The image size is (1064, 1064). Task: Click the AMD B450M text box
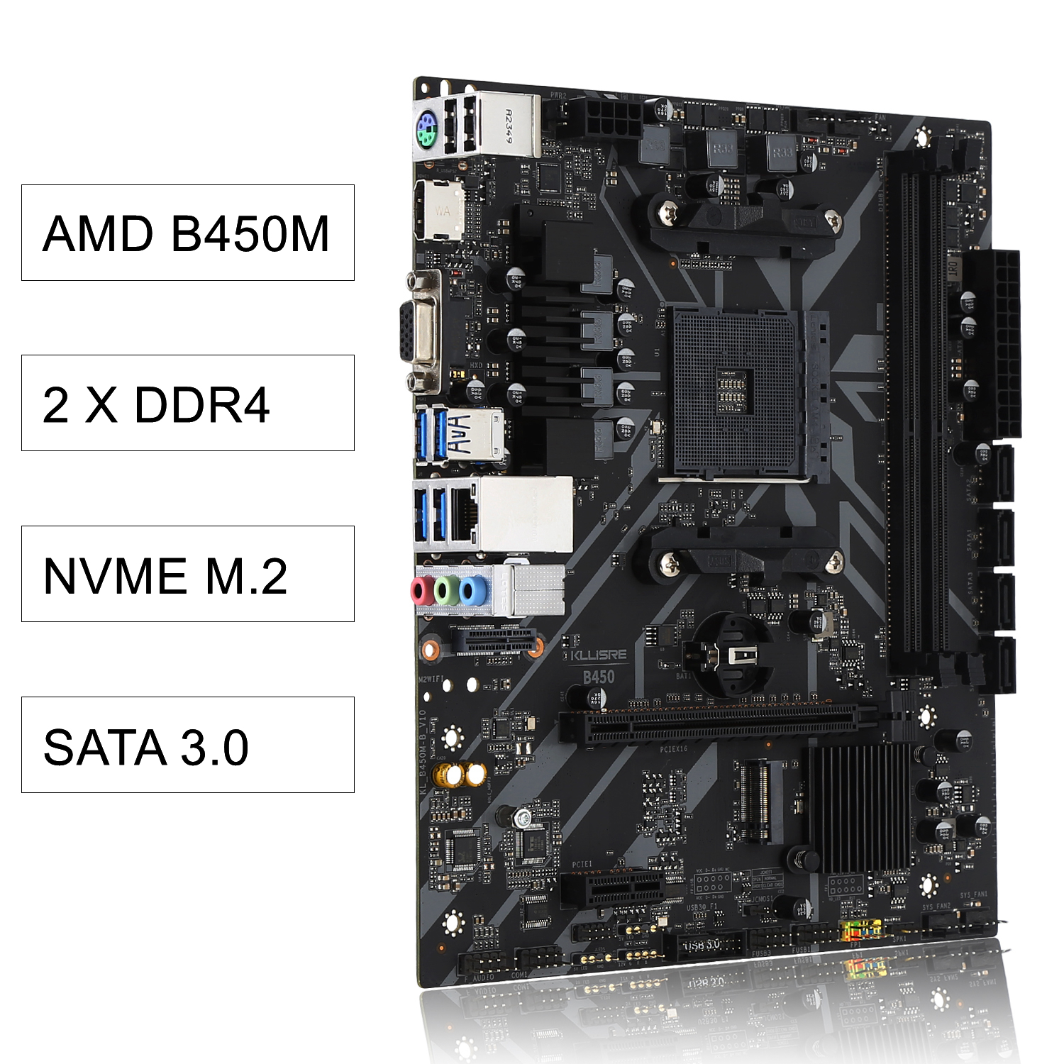pyautogui.click(x=187, y=233)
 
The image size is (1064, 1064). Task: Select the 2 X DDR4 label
pyautogui.click(x=187, y=403)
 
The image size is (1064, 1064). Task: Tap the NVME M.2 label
pyautogui.click(x=187, y=574)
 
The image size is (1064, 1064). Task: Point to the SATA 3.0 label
pyautogui.click(x=187, y=745)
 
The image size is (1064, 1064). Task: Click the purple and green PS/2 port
pyautogui.click(x=426, y=130)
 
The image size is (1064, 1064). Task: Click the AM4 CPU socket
pyautogui.click(x=741, y=394)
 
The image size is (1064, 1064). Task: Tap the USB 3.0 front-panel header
pyautogui.click(x=704, y=945)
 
